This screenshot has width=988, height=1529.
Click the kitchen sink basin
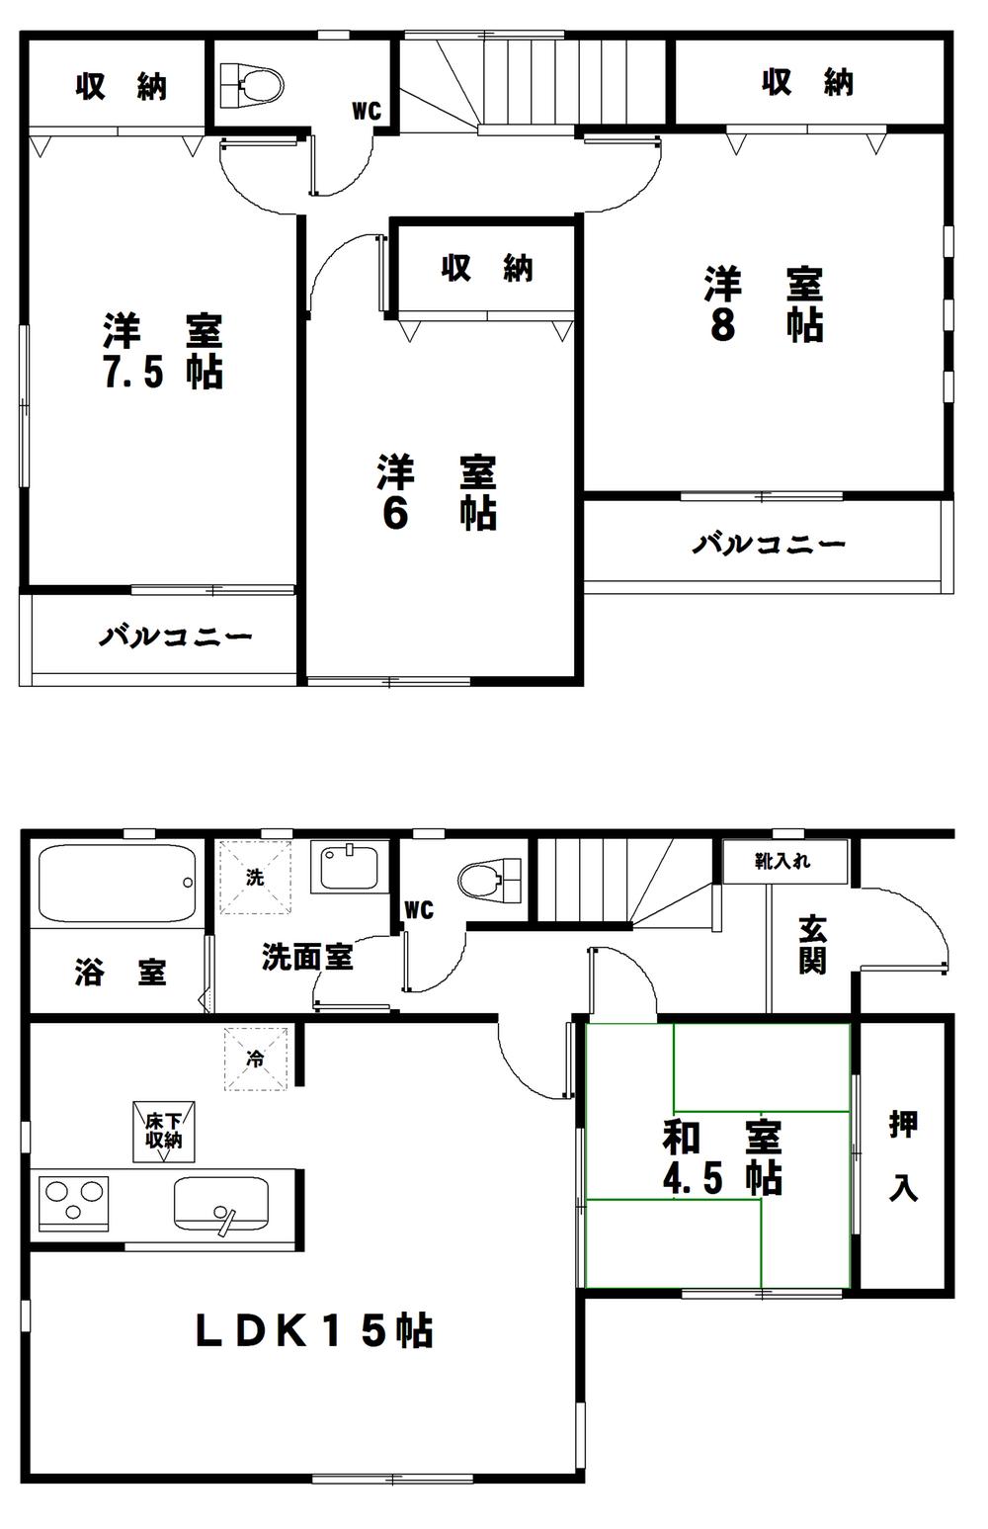pos(220,1204)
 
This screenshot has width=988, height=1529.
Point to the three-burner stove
pos(73,1203)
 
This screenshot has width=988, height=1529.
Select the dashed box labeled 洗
pos(255,877)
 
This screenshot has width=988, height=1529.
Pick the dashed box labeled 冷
pos(255,1059)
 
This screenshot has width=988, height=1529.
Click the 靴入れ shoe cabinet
pos(784,862)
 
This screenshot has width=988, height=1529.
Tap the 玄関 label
pos(812,944)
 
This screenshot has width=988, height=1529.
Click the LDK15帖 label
pos(313,1331)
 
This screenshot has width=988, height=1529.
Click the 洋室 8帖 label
pos(764,304)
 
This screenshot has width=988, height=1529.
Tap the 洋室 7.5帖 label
pos(163,351)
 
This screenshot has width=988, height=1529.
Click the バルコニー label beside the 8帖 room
pos(769,544)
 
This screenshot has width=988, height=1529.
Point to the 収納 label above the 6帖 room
pos(487,267)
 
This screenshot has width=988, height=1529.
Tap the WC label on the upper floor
pos(367,112)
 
